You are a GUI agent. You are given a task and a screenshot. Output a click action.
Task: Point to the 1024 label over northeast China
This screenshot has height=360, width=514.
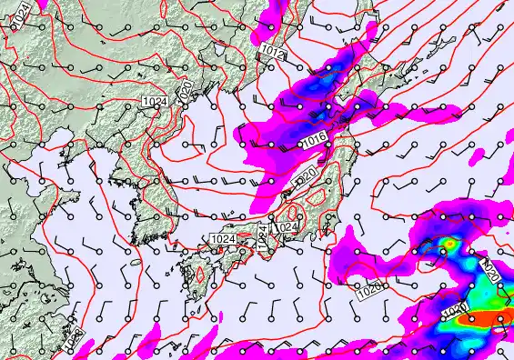(155, 101)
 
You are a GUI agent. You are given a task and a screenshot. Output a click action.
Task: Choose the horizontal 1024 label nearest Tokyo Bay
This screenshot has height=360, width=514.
(286, 226)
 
